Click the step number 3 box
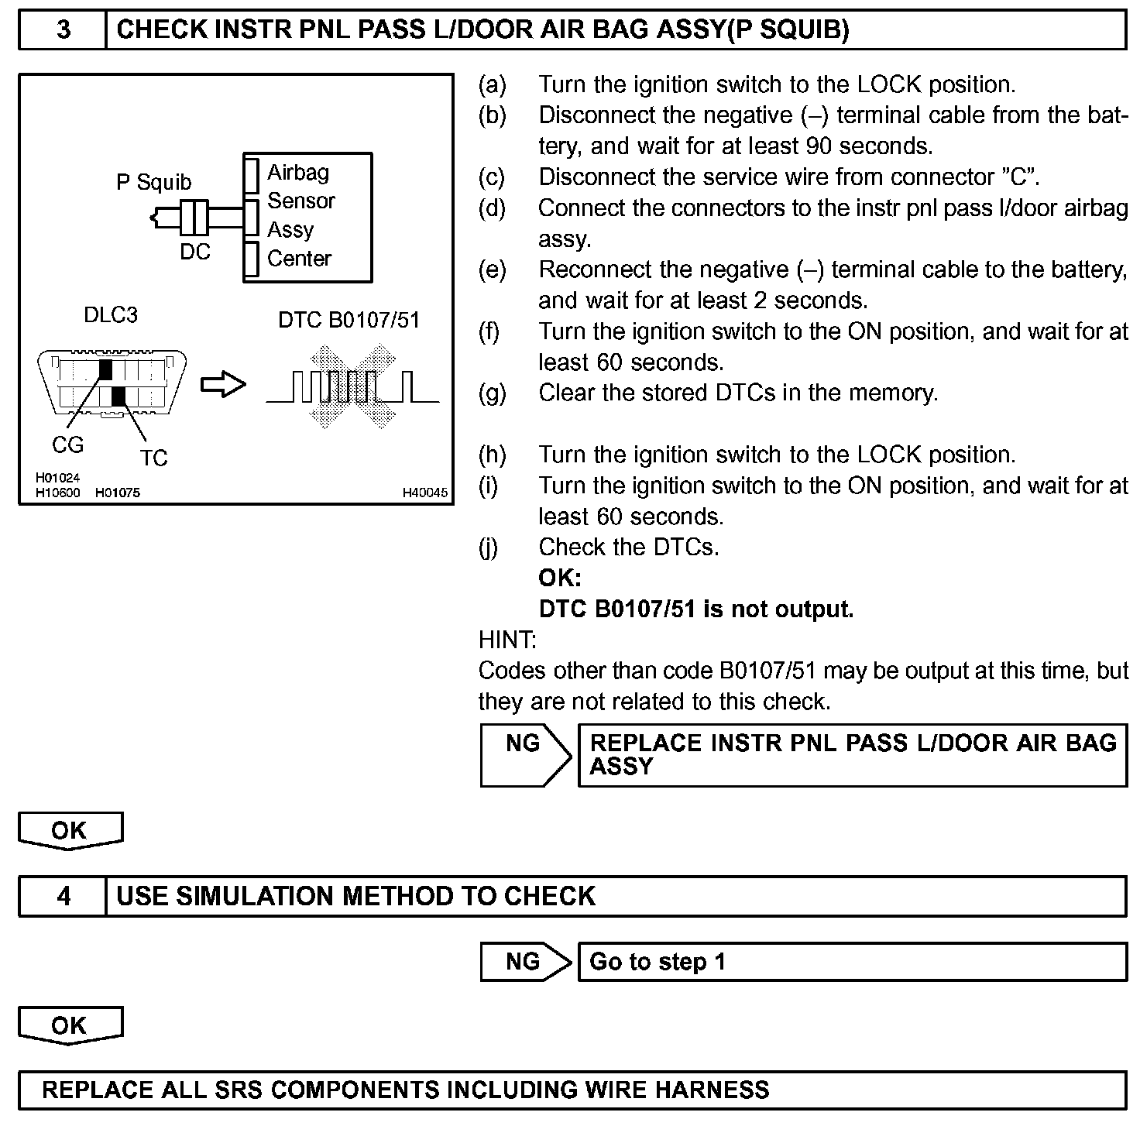coord(63,30)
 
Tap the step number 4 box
coord(63,896)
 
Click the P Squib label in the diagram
coord(153,182)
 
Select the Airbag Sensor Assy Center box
coord(307,217)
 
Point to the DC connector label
coord(195,252)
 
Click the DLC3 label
coord(111,315)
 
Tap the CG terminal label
coord(67,445)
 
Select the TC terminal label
coord(153,458)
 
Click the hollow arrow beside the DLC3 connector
coord(223,385)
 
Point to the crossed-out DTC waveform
coord(352,386)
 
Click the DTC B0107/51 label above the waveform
coord(349,320)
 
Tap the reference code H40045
coord(424,493)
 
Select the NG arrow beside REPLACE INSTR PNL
coord(525,755)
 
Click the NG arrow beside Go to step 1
coord(525,962)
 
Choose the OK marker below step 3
coord(70,830)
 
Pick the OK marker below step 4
coord(70,1025)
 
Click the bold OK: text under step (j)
coord(559,578)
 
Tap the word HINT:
coord(507,640)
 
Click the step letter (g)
coord(492,393)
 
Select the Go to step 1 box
coord(852,962)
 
